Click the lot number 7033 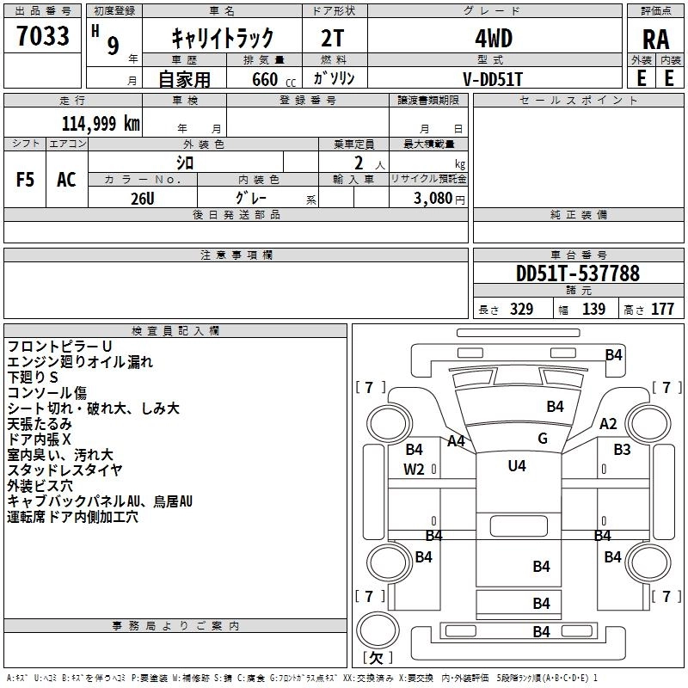click(43, 36)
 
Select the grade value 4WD click(494, 39)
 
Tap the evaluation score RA click(656, 40)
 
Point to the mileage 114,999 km click(101, 124)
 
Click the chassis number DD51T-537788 click(578, 273)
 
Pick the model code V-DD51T click(493, 79)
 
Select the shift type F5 click(25, 180)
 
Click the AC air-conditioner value click(66, 180)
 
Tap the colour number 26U click(143, 199)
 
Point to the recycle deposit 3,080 click(433, 199)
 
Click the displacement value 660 click(265, 79)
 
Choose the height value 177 click(662, 309)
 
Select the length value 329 click(522, 309)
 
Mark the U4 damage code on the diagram click(517, 465)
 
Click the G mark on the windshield click(543, 439)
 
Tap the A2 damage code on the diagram click(608, 424)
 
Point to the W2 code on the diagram click(414, 470)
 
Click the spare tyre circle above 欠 click(378, 630)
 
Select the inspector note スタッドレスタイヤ click(64, 470)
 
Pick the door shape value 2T click(332, 39)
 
